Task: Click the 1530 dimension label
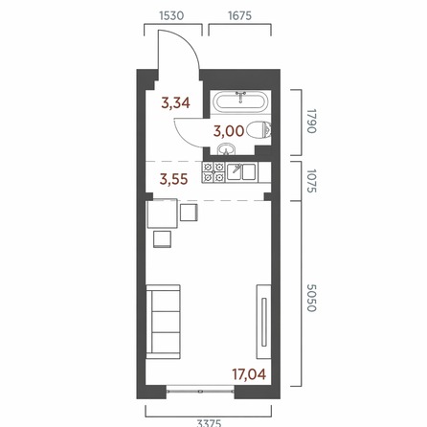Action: [171, 15]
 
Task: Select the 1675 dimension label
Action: [239, 15]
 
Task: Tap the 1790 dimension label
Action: [311, 122]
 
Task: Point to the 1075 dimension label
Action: [311, 181]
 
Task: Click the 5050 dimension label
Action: [311, 298]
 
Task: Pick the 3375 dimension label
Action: [209, 423]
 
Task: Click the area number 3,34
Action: [175, 103]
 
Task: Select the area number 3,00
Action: [229, 131]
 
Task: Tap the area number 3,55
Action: [173, 179]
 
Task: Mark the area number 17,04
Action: [249, 374]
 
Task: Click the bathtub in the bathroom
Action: [240, 101]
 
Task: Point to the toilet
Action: [258, 130]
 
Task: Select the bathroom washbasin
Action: [226, 149]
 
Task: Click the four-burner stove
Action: [213, 172]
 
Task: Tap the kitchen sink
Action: [241, 172]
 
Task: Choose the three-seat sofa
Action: [163, 322]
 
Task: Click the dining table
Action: [162, 213]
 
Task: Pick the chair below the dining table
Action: [162, 239]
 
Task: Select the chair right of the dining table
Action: [189, 213]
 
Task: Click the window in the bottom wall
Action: [200, 390]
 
